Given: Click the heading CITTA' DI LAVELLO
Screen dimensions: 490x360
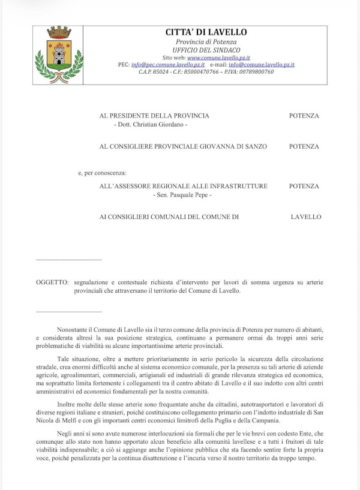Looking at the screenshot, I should coord(206,32).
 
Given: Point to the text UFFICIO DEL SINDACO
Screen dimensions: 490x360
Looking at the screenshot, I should coord(206,50).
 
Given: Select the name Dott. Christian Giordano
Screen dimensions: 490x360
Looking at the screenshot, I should coord(151,124).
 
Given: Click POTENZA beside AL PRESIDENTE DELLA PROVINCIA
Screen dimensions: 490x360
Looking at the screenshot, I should coord(304,116).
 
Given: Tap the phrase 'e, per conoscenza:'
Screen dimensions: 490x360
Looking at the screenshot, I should coord(102,173).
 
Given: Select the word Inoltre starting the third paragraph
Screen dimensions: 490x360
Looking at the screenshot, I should coord(68,404).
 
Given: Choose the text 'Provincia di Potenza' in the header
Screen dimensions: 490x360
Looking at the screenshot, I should coord(206,41).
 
